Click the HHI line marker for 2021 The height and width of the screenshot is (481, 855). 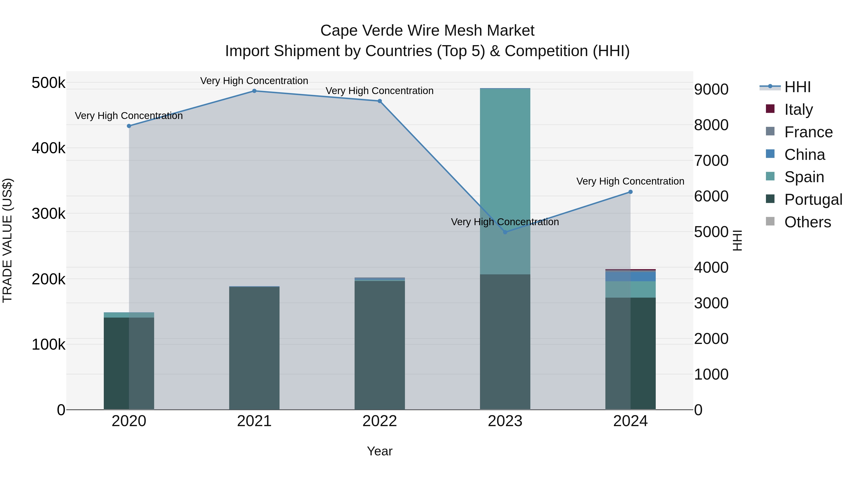coord(254,91)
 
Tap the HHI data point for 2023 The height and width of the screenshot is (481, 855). coord(505,232)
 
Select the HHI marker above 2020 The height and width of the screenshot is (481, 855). coord(129,126)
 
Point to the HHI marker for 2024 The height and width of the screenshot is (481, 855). coord(631,192)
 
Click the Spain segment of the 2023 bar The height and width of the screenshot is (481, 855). coord(505,166)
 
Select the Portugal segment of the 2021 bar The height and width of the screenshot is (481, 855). coord(254,348)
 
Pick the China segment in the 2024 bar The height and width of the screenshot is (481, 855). coord(631,276)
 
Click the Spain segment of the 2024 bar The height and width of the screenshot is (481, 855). coord(631,290)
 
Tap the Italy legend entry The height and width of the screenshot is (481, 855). coord(798,110)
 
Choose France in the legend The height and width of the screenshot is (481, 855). coord(808,132)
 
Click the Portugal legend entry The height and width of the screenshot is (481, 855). coord(813,200)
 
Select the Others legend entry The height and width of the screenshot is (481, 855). coord(807,222)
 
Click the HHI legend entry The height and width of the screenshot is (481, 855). coord(797,87)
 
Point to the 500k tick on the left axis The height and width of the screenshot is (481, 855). coord(48,83)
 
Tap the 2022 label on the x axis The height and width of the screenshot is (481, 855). coord(380,421)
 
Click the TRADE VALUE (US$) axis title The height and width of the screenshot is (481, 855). coord(7,240)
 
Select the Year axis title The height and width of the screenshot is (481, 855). coord(380,451)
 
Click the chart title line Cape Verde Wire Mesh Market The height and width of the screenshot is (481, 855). coord(427,31)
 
